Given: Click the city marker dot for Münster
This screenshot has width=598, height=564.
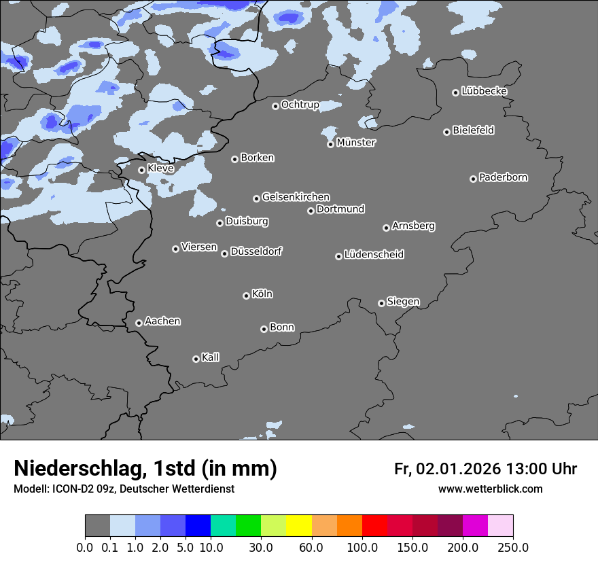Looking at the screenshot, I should click(x=330, y=144).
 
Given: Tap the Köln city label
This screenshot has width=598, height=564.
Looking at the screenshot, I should click(x=262, y=294).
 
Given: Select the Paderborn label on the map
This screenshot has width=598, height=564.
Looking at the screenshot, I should click(x=503, y=177).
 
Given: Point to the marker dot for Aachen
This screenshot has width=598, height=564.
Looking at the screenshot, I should click(x=139, y=323).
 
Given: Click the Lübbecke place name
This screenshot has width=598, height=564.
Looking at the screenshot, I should click(x=484, y=91).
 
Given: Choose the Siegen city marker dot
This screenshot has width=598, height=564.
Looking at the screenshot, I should click(x=381, y=303).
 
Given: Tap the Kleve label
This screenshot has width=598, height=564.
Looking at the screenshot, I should click(x=160, y=168).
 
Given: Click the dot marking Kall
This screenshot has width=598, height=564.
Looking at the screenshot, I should click(x=196, y=359).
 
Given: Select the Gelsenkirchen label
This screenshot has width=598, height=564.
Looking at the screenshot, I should click(x=296, y=197).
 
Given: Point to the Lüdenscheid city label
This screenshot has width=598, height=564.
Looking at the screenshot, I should click(x=374, y=254).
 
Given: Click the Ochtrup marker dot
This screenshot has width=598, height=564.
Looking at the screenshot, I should click(x=275, y=106).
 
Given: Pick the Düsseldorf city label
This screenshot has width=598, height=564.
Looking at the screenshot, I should click(x=256, y=251).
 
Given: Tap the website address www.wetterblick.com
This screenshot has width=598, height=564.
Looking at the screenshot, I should click(x=490, y=489).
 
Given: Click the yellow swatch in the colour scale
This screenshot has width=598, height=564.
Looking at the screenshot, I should click(x=299, y=526).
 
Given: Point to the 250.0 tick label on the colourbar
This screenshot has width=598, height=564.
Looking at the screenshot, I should click(x=513, y=547).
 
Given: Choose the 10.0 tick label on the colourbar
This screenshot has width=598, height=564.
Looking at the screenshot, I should click(x=211, y=547).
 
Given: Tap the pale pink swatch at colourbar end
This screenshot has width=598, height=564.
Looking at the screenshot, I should click(x=500, y=526).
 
